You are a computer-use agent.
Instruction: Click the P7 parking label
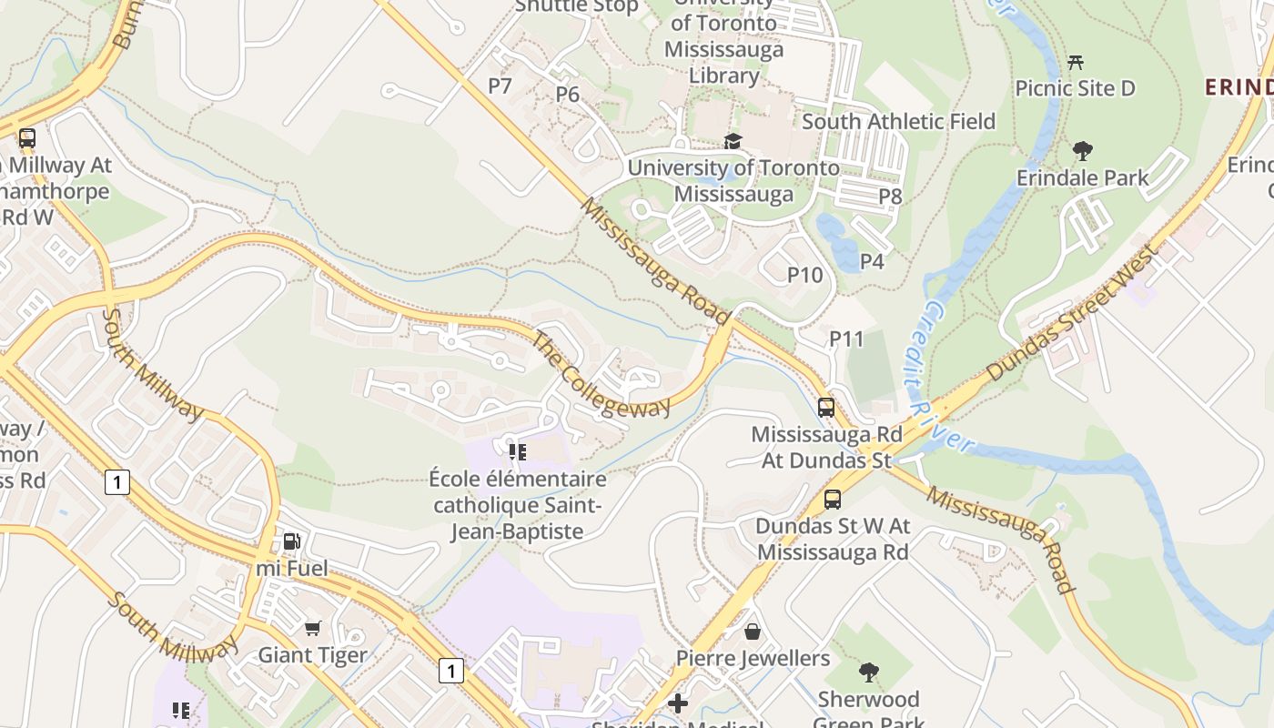500,86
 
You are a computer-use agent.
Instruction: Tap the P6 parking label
567,94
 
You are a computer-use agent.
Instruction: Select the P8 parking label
889,196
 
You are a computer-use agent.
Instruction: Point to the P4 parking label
871,261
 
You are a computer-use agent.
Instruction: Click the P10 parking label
804,274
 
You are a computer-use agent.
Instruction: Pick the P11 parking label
845,339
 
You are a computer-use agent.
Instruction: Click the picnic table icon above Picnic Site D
1076,63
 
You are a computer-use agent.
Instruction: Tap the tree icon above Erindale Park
1082,151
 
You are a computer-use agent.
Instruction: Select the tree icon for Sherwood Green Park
868,672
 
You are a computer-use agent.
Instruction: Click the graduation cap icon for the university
733,141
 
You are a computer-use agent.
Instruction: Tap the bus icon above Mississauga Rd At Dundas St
825,408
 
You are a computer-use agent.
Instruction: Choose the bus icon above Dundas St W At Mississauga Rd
832,500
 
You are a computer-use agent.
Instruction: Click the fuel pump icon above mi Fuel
291,541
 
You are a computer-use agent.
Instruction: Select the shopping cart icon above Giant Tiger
312,628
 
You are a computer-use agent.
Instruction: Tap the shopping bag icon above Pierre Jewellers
753,632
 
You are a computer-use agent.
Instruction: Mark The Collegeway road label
600,375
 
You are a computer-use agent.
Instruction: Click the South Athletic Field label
898,121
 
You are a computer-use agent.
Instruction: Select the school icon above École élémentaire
517,451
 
